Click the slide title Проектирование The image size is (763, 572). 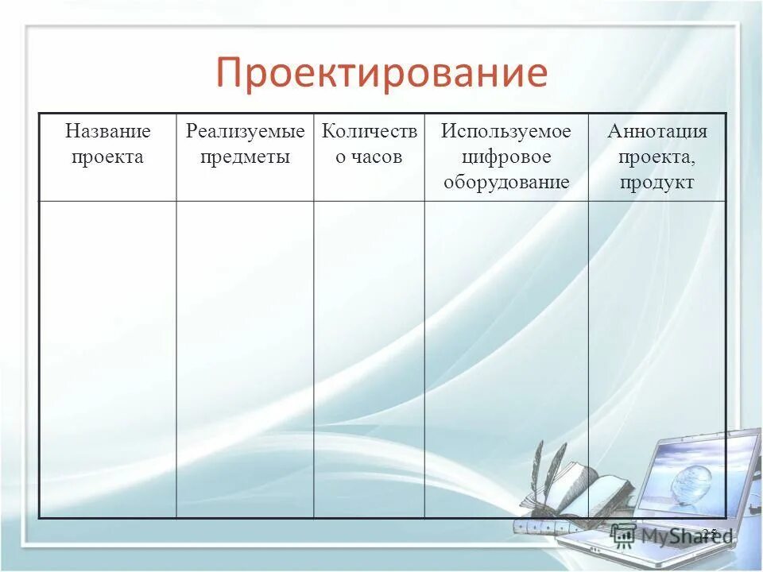(x=381, y=73)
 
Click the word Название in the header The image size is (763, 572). (x=107, y=131)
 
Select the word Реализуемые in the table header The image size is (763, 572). (x=245, y=131)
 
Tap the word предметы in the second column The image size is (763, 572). (x=245, y=157)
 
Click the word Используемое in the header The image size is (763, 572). (x=506, y=131)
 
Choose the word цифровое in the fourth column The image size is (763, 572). (x=506, y=157)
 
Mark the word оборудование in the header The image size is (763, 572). (x=506, y=182)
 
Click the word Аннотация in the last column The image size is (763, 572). (x=656, y=131)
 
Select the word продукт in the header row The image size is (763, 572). (x=656, y=182)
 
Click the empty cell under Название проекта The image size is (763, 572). (x=107, y=357)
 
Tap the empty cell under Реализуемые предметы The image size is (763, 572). (x=245, y=357)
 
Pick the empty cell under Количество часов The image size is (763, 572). (x=369, y=357)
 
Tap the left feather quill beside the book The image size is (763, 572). (x=538, y=469)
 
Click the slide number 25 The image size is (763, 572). (x=709, y=532)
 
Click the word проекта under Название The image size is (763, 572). (x=107, y=157)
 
